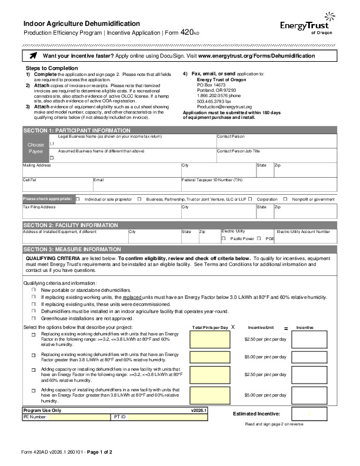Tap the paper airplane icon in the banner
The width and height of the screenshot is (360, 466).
click(x=32, y=55)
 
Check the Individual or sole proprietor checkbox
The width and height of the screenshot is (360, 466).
click(x=78, y=199)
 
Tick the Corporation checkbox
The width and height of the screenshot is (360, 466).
click(x=251, y=199)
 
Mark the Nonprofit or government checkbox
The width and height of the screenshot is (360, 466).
click(x=285, y=199)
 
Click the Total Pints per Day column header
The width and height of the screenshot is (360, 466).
click(x=210, y=327)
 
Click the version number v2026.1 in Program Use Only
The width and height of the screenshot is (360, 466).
click(x=199, y=410)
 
